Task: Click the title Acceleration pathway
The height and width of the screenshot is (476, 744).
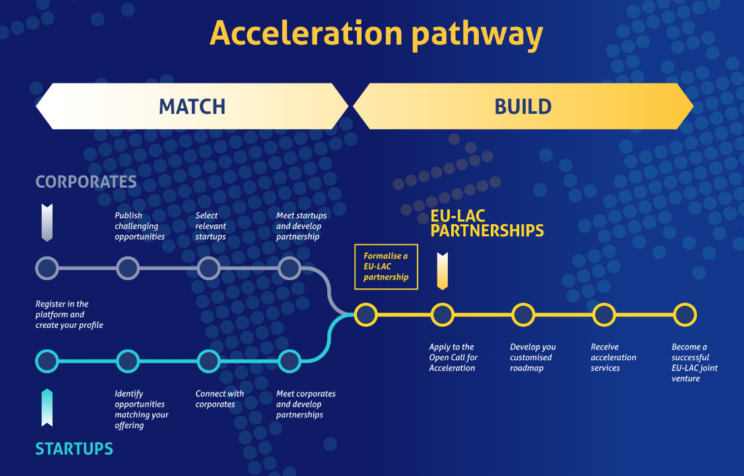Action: pos(376,34)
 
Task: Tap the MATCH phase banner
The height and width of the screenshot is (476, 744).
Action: pos(192,106)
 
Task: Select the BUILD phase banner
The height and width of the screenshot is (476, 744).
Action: pos(523,106)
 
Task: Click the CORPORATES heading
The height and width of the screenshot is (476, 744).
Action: pos(86,182)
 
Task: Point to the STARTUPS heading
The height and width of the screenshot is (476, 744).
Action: pos(74,448)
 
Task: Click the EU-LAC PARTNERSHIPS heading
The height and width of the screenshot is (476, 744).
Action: pos(487,224)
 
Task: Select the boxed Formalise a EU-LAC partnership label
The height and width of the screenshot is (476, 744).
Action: pos(386,267)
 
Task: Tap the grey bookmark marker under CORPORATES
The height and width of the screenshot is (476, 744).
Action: pos(47,223)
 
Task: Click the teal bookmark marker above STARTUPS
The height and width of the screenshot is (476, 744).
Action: pos(47,407)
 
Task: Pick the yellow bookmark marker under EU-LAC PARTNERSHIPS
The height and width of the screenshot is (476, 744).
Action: pos(442,271)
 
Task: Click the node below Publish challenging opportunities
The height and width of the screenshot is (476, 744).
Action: pos(128,268)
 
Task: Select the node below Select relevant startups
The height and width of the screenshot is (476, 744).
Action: pos(209,268)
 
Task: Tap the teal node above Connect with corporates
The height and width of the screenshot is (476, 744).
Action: pos(209,361)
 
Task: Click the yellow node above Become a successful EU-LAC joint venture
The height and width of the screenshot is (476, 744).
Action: pos(685,314)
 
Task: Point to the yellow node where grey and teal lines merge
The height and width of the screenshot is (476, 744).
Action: pos(366,314)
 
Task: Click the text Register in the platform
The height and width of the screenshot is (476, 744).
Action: pos(62,310)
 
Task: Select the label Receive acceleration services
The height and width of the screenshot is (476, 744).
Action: pos(613,358)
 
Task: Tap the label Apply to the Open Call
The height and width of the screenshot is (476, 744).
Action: pos(453,352)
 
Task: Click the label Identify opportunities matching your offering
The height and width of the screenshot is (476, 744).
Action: pos(141,409)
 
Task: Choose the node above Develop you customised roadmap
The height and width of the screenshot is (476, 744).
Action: pos(523,314)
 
